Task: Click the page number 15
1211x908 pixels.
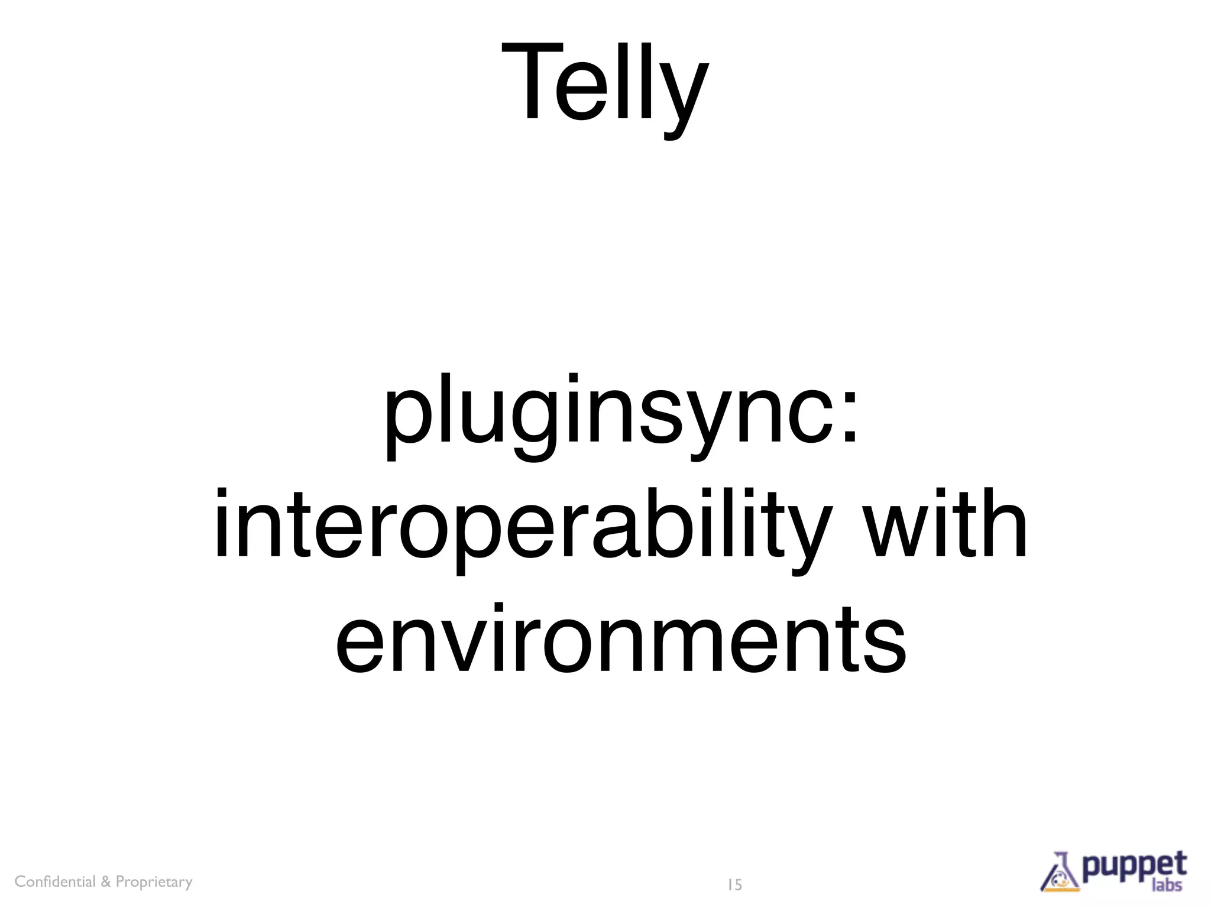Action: pyautogui.click(x=734, y=885)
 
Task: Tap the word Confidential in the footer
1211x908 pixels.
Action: pyautogui.click(x=55, y=881)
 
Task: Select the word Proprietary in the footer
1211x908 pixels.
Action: pyautogui.click(x=154, y=882)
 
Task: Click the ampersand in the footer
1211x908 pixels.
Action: pyautogui.click(x=105, y=881)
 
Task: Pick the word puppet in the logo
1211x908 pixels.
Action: pyautogui.click(x=1135, y=867)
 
